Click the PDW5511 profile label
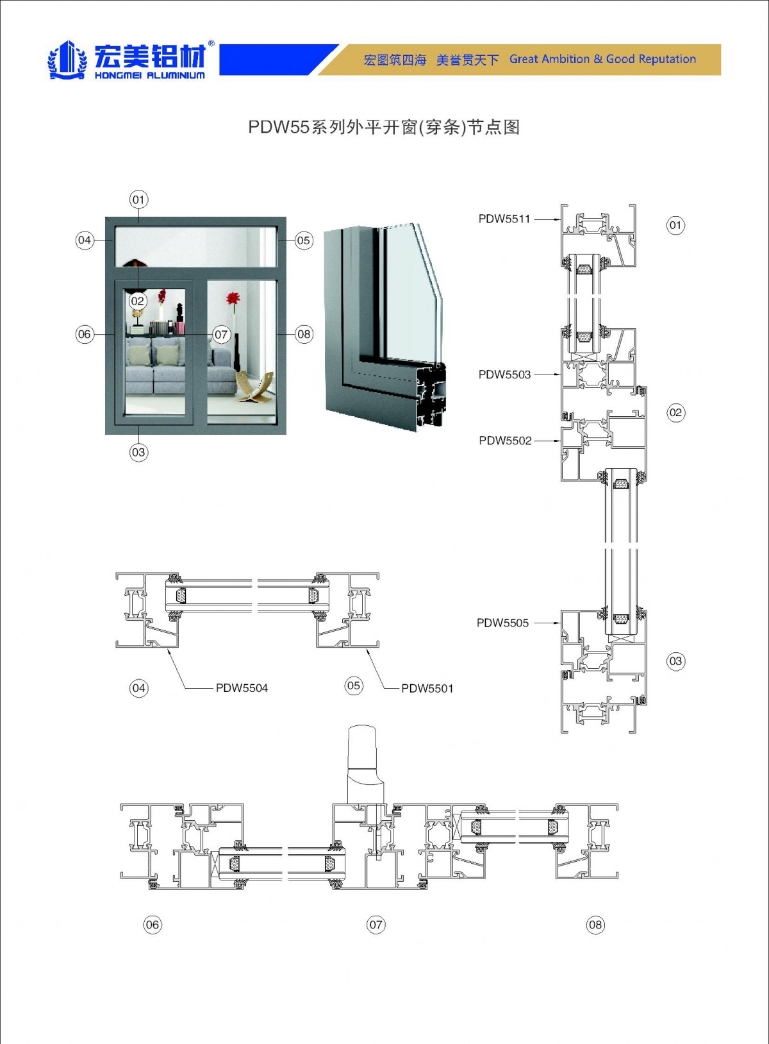tap(504, 219)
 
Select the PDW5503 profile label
tap(504, 375)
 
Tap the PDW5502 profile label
tap(505, 441)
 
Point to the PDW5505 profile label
tap(502, 623)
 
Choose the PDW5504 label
tap(242, 688)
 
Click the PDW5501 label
tap(427, 688)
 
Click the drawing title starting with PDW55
tap(383, 127)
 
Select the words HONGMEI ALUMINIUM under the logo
tap(150, 76)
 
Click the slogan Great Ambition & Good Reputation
tap(602, 59)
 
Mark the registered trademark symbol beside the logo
tap(211, 44)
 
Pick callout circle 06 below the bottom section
tap(152, 925)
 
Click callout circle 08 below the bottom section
tap(595, 925)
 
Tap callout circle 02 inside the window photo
tap(138, 301)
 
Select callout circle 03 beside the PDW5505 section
tap(675, 661)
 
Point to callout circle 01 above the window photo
tap(138, 199)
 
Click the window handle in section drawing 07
tap(363, 763)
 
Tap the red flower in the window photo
tap(233, 299)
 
